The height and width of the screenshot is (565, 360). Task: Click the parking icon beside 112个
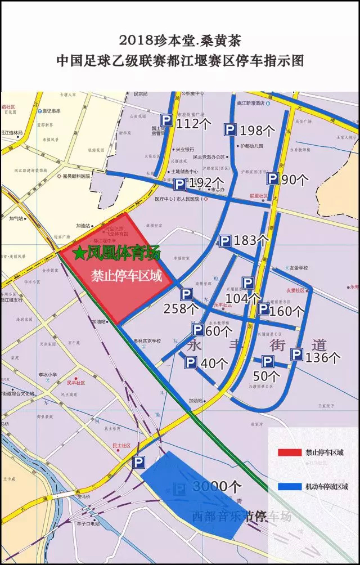[166, 120]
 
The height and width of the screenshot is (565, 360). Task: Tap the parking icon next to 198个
[230, 130]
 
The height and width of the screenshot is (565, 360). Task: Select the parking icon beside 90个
[272, 179]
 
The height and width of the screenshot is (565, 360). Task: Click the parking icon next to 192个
[180, 184]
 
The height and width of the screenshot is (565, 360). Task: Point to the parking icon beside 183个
[225, 241]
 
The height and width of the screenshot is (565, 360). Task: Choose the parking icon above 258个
[186, 294]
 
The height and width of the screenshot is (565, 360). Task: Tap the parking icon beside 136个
[296, 355]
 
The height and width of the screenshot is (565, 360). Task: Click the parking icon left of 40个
[191, 363]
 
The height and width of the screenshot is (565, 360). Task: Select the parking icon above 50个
[268, 362]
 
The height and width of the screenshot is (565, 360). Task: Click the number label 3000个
[217, 486]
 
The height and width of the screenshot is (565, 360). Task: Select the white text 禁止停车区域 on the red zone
[127, 276]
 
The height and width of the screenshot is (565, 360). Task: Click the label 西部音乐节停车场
[242, 516]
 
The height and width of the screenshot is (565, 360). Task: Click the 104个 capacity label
[242, 298]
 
